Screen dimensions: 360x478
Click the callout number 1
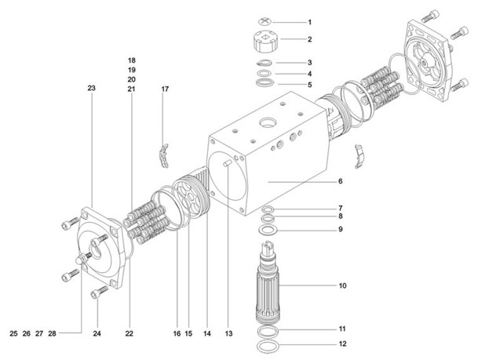coord(309,22)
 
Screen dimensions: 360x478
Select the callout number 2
coord(309,38)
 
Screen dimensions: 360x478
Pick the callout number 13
coord(229,333)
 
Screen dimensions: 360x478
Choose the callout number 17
coord(165,89)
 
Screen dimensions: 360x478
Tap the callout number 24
coord(97,333)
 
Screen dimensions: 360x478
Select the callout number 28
coord(52,333)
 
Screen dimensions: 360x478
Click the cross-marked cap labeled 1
coord(268,22)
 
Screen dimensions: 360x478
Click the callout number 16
coord(176,333)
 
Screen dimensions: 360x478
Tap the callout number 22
coord(130,333)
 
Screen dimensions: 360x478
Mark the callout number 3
coord(309,63)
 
